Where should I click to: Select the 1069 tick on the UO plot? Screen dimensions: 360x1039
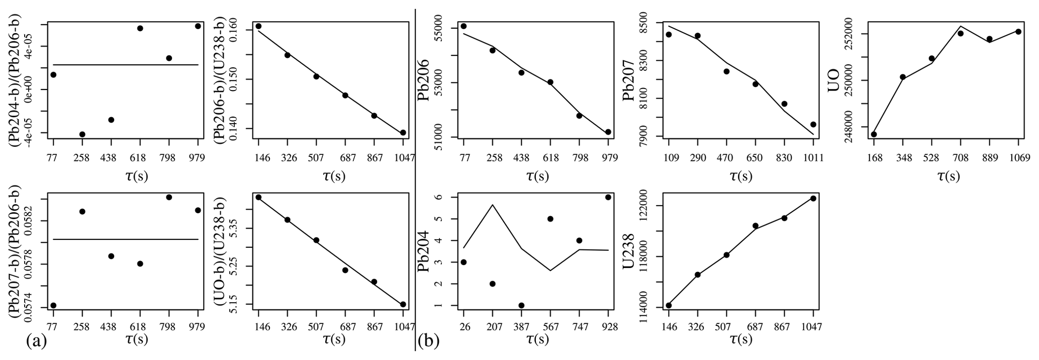(1018, 157)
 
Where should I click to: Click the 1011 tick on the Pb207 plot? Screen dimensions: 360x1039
(813, 157)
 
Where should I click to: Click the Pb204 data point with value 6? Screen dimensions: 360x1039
(608, 197)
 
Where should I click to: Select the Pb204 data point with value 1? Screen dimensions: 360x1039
(521, 305)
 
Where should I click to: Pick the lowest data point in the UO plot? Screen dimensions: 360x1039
(874, 134)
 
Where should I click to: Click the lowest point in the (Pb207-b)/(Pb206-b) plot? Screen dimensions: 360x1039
(53, 305)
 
